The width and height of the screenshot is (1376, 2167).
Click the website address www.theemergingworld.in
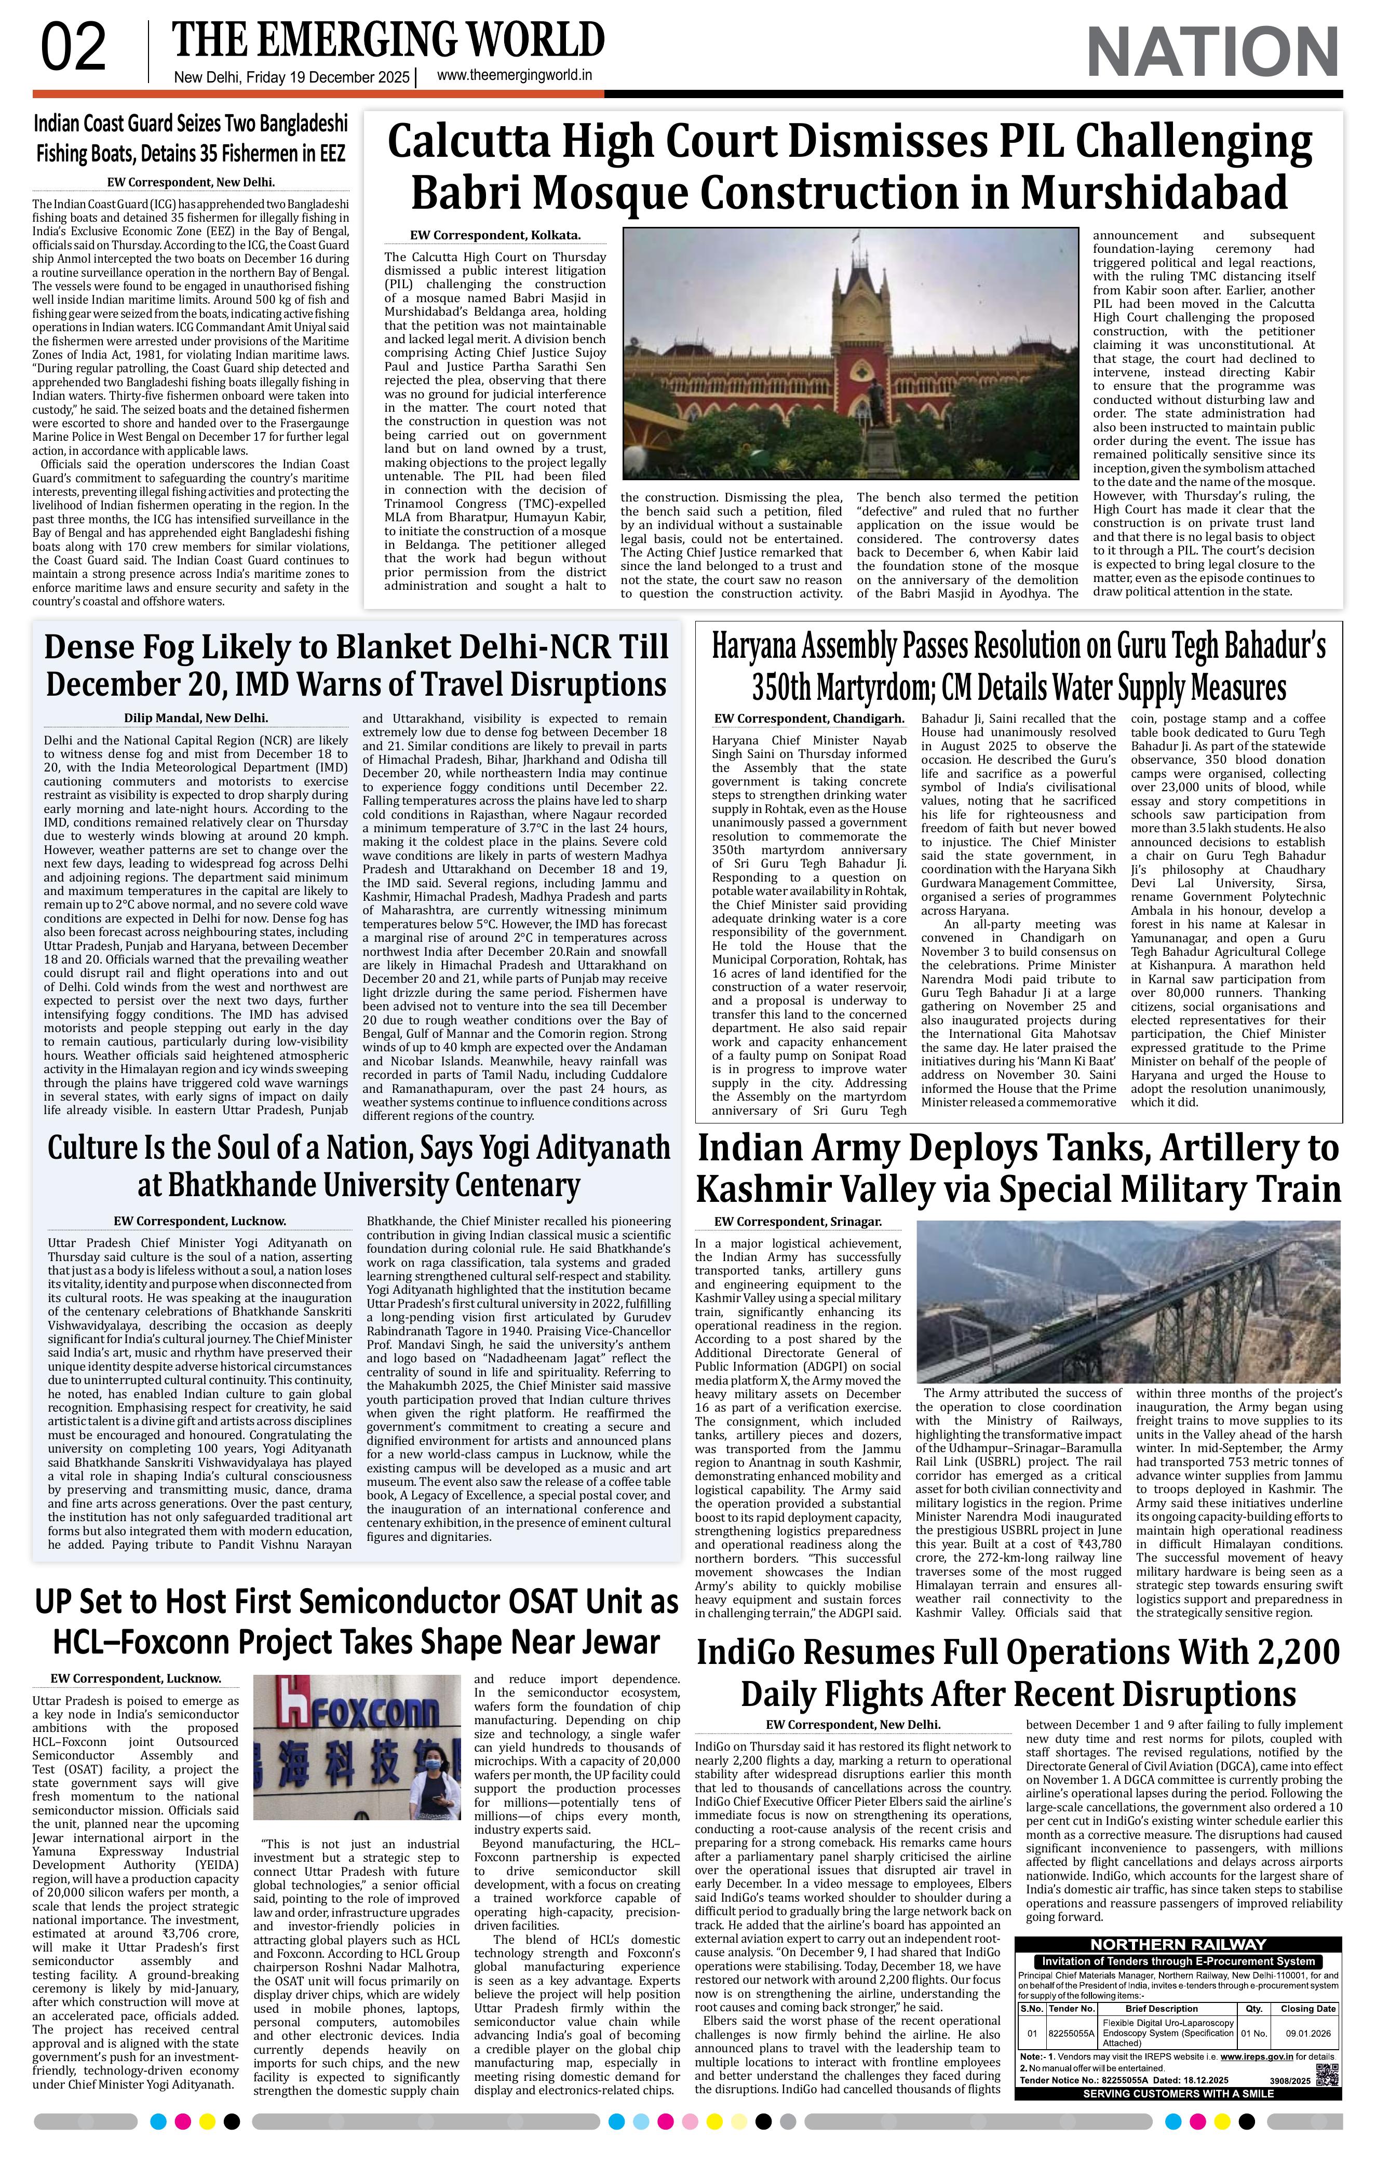[x=514, y=76]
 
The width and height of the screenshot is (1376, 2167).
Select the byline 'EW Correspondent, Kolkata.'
[x=495, y=236]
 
